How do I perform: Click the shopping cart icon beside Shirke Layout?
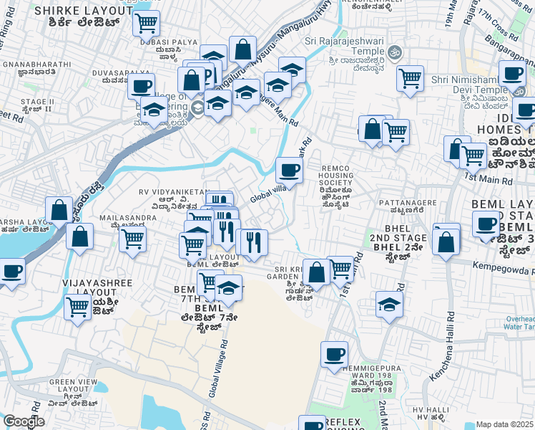[x=146, y=23]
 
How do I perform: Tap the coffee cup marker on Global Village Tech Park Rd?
[x=289, y=171]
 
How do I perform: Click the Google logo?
[x=24, y=421]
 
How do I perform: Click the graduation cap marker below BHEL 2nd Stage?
[x=390, y=305]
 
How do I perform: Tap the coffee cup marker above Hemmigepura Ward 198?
[x=334, y=354]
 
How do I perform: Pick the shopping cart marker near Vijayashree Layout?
[x=78, y=307]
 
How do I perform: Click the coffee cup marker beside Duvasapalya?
[x=142, y=86]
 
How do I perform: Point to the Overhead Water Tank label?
[x=518, y=322]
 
